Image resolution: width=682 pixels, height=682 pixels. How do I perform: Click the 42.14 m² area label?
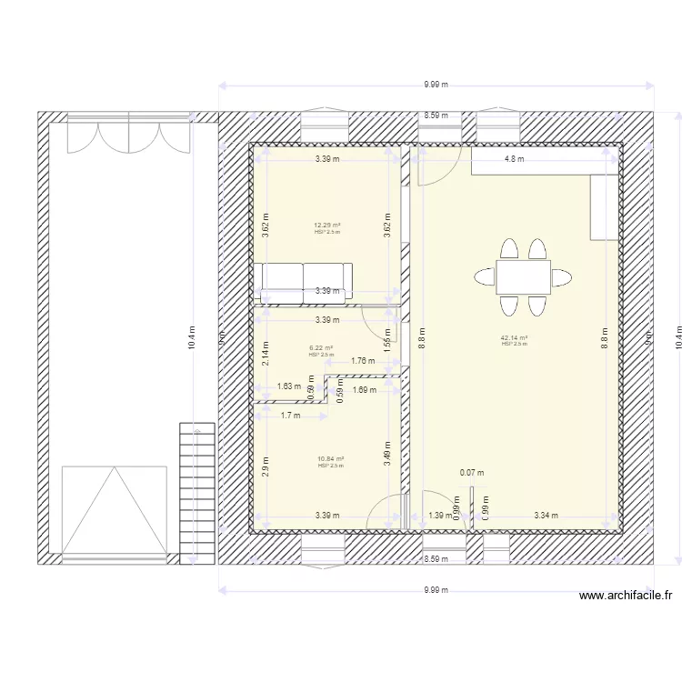click(x=514, y=338)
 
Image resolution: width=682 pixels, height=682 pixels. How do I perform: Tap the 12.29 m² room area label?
click(x=327, y=226)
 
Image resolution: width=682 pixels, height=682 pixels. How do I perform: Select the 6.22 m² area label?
click(x=321, y=347)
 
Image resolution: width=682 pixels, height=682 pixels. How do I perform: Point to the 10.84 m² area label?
click(x=330, y=459)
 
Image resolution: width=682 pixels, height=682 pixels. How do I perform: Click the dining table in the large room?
click(x=523, y=276)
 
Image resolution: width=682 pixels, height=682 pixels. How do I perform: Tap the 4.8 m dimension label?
click(x=515, y=159)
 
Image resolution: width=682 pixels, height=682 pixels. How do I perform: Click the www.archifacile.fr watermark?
click(x=626, y=597)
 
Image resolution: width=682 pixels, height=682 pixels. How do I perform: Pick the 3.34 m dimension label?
click(x=547, y=516)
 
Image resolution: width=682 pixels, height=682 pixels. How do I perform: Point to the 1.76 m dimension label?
click(x=362, y=361)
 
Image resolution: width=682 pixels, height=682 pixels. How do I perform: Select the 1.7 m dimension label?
click(x=291, y=416)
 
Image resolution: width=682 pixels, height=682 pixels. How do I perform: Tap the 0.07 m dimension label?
click(x=472, y=473)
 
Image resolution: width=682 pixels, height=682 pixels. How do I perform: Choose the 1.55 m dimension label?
click(x=387, y=339)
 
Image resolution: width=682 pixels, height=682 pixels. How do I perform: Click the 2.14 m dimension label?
click(x=265, y=352)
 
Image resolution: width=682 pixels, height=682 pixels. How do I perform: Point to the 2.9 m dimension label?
click(x=265, y=465)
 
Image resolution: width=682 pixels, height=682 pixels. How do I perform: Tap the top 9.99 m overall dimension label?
click(x=436, y=85)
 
